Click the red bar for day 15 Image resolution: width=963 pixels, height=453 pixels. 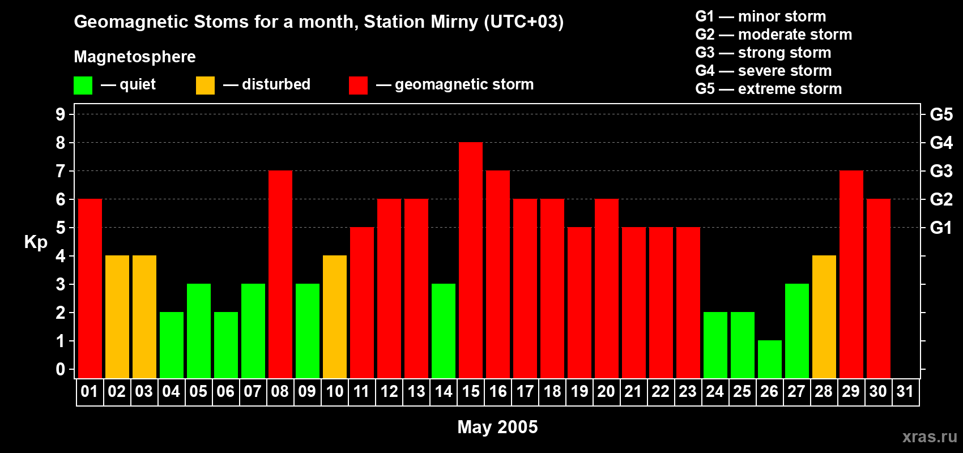pyautogui.click(x=471, y=260)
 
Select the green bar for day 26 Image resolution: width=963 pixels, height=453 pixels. pyautogui.click(x=770, y=359)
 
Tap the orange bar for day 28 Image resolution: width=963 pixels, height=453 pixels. pyautogui.click(x=824, y=317)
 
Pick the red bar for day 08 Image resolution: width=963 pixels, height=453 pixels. pyautogui.click(x=280, y=275)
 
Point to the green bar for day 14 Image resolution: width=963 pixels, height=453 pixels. pyautogui.click(x=444, y=331)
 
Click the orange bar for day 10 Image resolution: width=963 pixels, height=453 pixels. pyautogui.click(x=335, y=317)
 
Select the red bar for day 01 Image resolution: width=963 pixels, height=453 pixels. pyautogui.click(x=90, y=289)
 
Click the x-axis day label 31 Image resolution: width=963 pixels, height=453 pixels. pyautogui.click(x=905, y=391)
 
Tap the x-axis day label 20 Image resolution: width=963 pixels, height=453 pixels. pyautogui.click(x=606, y=391)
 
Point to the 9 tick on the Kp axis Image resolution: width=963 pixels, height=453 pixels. pyautogui.click(x=61, y=114)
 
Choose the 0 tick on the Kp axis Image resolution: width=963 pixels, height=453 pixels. pyautogui.click(x=61, y=369)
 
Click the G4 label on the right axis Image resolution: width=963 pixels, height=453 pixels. pyautogui.click(x=941, y=143)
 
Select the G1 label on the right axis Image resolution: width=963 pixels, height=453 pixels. pyautogui.click(x=941, y=228)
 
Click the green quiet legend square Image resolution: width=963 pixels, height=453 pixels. pyautogui.click(x=83, y=86)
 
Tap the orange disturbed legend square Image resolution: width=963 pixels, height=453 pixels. pyautogui.click(x=205, y=86)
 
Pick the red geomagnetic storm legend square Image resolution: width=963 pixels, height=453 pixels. pyautogui.click(x=358, y=86)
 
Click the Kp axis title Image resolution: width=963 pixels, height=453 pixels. pyautogui.click(x=36, y=242)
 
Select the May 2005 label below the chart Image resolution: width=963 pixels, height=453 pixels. pyautogui.click(x=497, y=426)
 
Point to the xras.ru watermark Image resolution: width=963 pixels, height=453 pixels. pyautogui.click(x=930, y=436)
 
